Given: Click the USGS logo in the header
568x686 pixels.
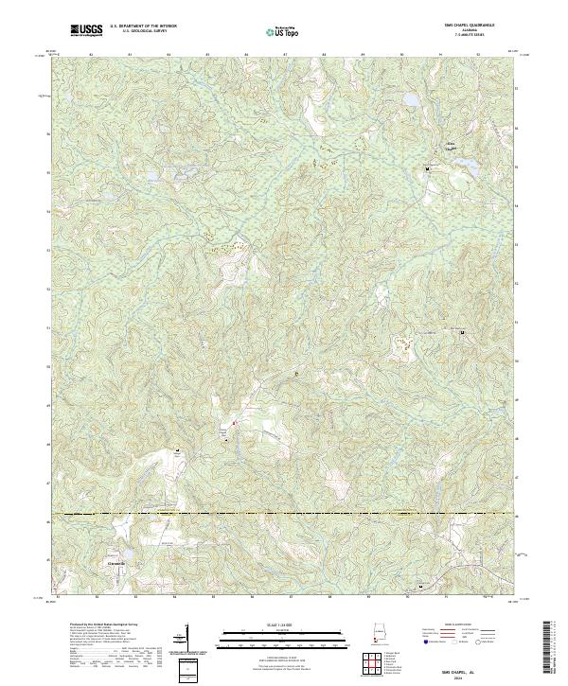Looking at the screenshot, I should [x=86, y=30].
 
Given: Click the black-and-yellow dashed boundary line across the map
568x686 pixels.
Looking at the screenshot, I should [x=284, y=515].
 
